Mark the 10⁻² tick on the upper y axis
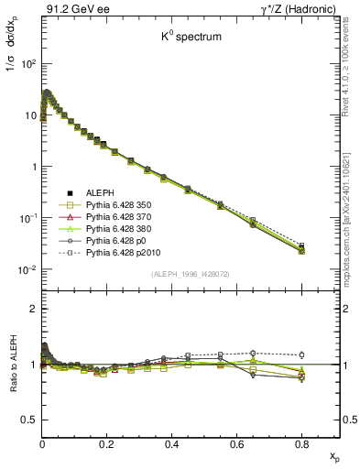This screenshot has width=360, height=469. pyautogui.click(x=27, y=269)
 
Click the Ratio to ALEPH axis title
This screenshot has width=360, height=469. pyautogui.click(x=11, y=365)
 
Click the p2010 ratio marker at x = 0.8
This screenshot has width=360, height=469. pyautogui.click(x=302, y=354)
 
